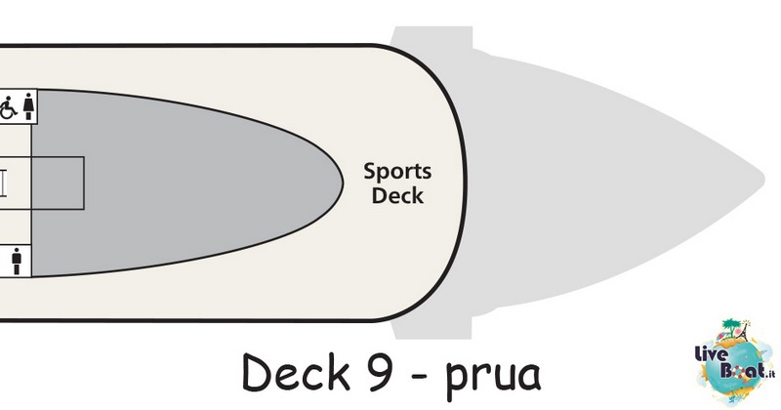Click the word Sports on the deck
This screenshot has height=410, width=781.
click(x=397, y=172)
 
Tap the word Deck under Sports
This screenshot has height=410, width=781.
click(x=397, y=195)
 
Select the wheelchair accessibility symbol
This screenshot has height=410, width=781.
click(x=8, y=107)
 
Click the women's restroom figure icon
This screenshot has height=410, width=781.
click(x=29, y=106)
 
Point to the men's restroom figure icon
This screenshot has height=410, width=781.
click(x=17, y=261)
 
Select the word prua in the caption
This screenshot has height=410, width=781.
click(x=493, y=376)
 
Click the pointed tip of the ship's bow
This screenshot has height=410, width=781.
click(x=764, y=179)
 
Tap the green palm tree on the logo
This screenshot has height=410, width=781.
click(x=728, y=328)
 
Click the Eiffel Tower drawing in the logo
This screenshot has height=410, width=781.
click(x=744, y=332)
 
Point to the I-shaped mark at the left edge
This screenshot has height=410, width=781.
click(x=4, y=184)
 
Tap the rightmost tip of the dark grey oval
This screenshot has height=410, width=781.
click(x=343, y=183)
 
